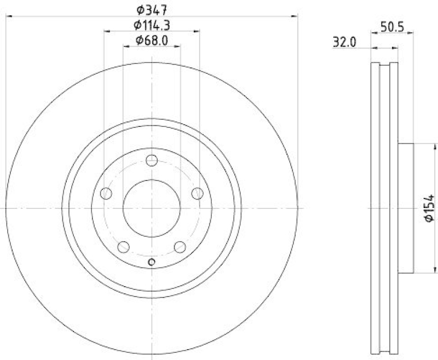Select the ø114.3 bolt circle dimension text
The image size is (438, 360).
point(152,25)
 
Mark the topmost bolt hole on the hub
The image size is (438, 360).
point(152,161)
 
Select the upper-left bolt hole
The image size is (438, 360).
point(107,193)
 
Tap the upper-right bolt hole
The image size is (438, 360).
point(197,193)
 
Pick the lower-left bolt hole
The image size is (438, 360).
point(124,247)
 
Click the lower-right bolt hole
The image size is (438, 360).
point(180,247)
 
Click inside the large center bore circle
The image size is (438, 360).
point(152,208)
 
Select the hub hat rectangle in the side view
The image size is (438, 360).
point(405,208)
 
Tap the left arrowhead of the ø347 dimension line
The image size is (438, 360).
point(9,16)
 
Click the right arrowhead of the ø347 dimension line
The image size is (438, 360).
point(296,16)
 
